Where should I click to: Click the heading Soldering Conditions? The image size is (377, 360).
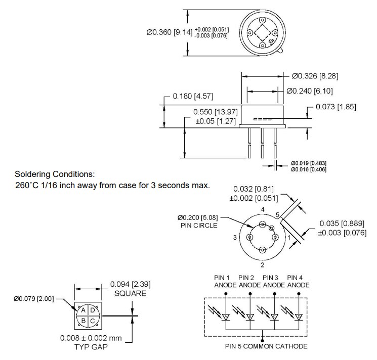pyautogui.click(x=55, y=174)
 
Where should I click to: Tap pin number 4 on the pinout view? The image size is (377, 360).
pyautogui.click(x=262, y=209)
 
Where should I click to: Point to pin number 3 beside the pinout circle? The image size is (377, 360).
pyautogui.click(x=235, y=237)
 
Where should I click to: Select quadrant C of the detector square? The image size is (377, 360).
pyautogui.click(x=92, y=320)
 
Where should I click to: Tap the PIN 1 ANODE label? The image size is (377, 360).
pyautogui.click(x=222, y=281)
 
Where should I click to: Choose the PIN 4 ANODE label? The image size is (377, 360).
pyautogui.click(x=298, y=281)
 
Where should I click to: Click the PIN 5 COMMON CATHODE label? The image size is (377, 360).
pyautogui.click(x=266, y=346)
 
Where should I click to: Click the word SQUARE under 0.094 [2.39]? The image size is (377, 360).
pyautogui.click(x=130, y=293)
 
